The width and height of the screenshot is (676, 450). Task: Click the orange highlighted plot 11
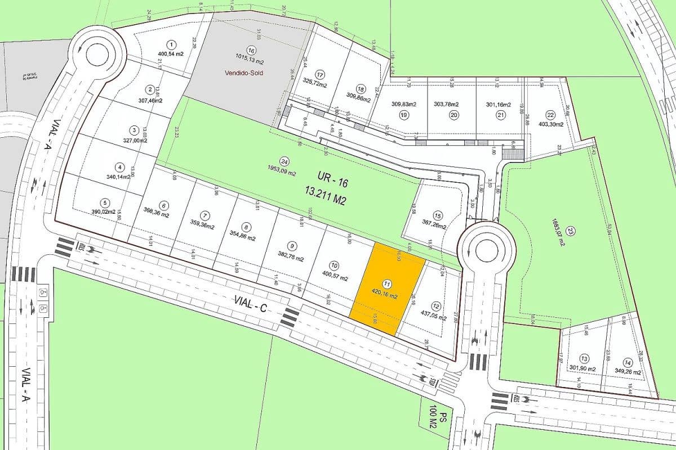pos(388,291)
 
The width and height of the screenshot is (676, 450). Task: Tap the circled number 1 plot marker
pos(171,44)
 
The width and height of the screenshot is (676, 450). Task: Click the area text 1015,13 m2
pos(248,56)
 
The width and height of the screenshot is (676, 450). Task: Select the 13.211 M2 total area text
pos(324,199)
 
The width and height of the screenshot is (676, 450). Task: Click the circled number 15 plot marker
pos(438,215)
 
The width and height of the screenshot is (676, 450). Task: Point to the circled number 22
pos(550,114)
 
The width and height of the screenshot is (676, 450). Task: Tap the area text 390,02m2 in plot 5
pos(104,212)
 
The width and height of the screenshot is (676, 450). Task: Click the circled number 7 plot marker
pos(205,215)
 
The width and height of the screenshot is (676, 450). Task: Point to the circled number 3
pos(134,130)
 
